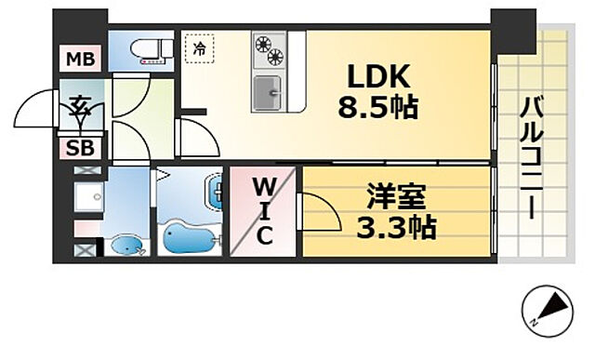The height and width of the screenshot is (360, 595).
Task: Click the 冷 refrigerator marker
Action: pos(198,48)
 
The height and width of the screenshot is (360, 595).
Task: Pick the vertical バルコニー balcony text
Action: pos(532,157)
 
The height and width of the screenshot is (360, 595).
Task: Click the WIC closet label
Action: pos(265,210)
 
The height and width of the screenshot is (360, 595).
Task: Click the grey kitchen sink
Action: pos(270,91)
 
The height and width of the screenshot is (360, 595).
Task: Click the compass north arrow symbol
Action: pos(548,306)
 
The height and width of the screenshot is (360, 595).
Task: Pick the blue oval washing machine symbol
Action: pos(127,247)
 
